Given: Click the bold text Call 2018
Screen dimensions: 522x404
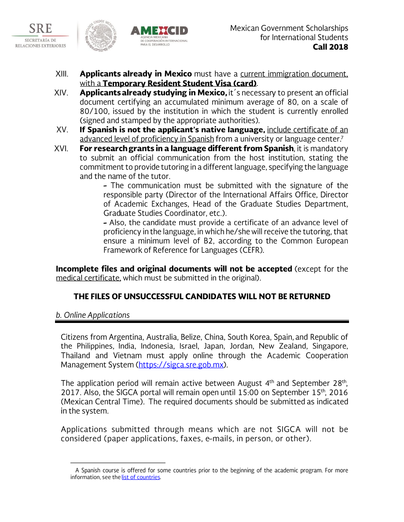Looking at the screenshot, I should pyautogui.click(x=330, y=47).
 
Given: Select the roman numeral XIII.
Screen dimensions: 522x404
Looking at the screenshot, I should pyautogui.click(x=62, y=73).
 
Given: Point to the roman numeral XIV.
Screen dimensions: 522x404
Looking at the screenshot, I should pyautogui.click(x=62, y=93).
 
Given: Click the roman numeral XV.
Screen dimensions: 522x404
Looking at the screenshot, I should pyautogui.click(x=62, y=130).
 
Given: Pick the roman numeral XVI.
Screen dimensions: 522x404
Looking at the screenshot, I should pyautogui.click(x=62, y=148).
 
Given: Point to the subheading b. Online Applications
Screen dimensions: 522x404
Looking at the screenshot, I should pyautogui.click(x=92, y=315).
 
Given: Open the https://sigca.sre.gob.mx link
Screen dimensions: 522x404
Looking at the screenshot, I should pyautogui.click(x=181, y=365).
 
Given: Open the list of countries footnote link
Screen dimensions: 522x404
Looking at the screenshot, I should pyautogui.click(x=141, y=477).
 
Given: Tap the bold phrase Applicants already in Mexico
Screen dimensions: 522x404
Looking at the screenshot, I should pyautogui.click(x=136, y=73).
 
